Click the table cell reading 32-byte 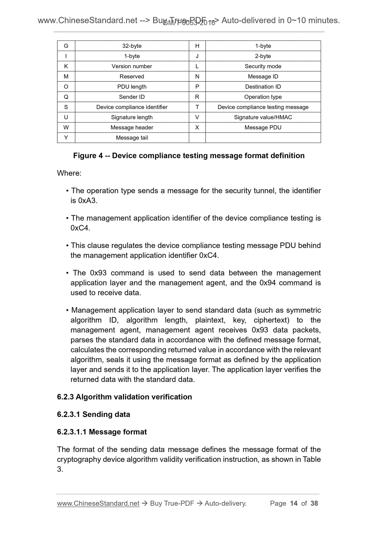132,46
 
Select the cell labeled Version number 132,66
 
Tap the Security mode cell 263,66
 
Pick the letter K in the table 66,66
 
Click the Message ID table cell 263,77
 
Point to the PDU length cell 132,87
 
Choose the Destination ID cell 263,87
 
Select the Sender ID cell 132,97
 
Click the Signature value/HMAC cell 263,117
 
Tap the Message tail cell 132,138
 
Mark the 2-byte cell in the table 263,56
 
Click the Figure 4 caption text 189,156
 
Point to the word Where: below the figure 69,173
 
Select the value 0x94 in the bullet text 268,283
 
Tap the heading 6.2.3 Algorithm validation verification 124,397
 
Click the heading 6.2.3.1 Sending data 93,414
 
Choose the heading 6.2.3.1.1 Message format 102,432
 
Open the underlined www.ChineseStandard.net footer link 98,503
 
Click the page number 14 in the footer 294,503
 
